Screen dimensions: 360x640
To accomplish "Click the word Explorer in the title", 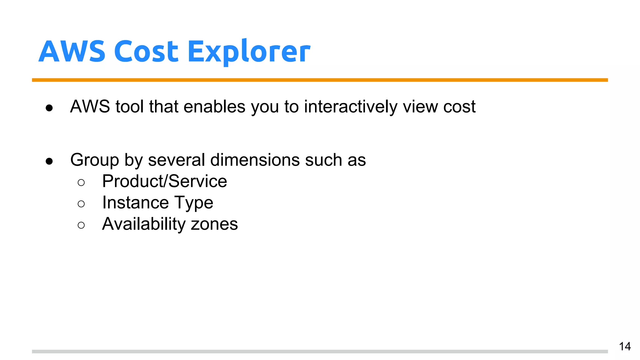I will tap(249, 52).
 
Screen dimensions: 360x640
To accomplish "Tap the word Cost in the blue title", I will tap(146, 52).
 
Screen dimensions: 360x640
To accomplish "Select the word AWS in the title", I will tap(72, 52).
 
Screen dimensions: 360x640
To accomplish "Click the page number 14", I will tap(625, 346).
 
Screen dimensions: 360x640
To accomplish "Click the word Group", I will tap(94, 160).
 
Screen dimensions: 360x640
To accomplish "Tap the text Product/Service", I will tap(164, 181).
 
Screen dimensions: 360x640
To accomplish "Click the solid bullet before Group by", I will tap(49, 161).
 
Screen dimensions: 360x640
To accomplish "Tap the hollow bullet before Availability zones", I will tap(81, 225).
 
